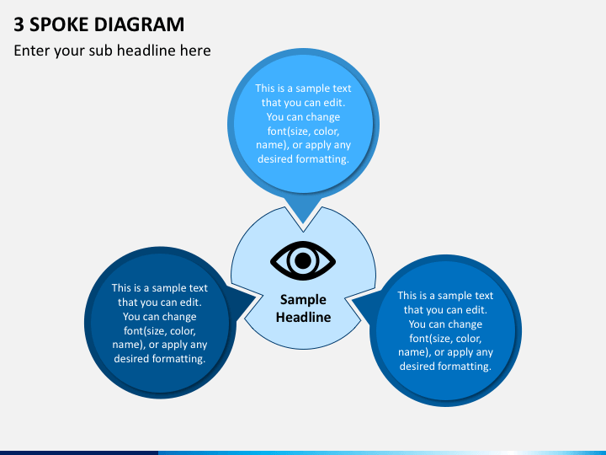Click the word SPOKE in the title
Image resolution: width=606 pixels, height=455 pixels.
click(x=59, y=24)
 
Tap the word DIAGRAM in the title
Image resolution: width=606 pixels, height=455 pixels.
click(x=139, y=24)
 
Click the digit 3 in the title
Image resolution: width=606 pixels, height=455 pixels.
click(x=19, y=24)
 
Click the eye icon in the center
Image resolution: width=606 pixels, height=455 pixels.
click(x=303, y=260)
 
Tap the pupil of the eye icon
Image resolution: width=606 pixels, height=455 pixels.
click(x=303, y=260)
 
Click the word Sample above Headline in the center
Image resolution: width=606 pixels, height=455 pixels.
click(x=303, y=300)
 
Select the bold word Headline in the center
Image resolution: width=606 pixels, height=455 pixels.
click(x=303, y=318)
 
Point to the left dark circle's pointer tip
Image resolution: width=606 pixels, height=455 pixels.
click(x=255, y=297)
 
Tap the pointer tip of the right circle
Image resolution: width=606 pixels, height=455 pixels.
click(x=353, y=300)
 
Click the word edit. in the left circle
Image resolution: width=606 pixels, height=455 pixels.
click(x=190, y=302)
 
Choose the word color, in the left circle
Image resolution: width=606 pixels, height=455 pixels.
click(x=183, y=331)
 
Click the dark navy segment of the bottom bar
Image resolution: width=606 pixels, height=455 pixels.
click(x=79, y=452)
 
